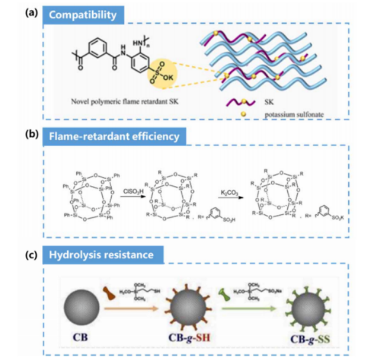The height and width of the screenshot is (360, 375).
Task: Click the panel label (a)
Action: (x=32, y=12)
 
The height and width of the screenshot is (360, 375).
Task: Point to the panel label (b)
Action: (x=32, y=134)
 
